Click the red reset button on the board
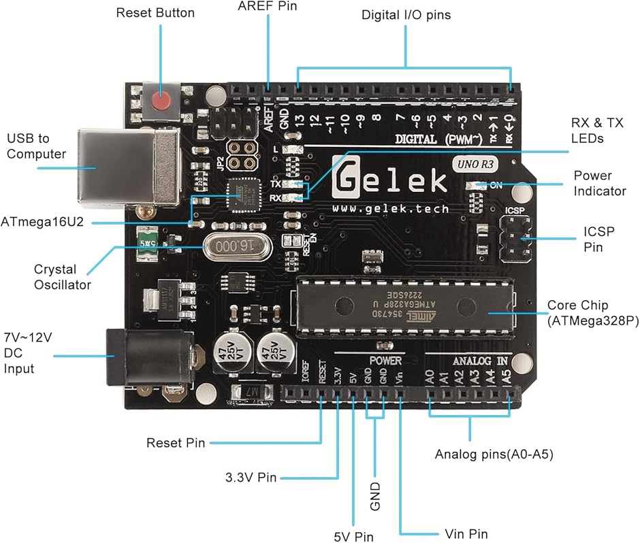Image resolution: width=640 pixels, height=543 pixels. (x=161, y=102)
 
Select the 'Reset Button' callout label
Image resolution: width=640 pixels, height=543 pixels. (x=155, y=13)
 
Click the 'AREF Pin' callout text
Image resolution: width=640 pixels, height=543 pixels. (x=268, y=6)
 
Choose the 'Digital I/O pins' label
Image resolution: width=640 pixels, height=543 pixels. (x=406, y=14)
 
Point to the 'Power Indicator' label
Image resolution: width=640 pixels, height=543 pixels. (x=599, y=184)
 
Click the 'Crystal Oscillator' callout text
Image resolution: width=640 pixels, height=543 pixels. (x=63, y=277)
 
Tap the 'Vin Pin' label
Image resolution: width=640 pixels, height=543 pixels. (x=466, y=533)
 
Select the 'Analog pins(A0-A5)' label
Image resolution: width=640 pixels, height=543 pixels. (x=494, y=454)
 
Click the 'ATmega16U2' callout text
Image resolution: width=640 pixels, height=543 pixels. (x=42, y=222)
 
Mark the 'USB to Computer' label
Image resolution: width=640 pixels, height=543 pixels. (x=37, y=146)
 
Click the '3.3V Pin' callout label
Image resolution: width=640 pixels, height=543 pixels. (x=251, y=477)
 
